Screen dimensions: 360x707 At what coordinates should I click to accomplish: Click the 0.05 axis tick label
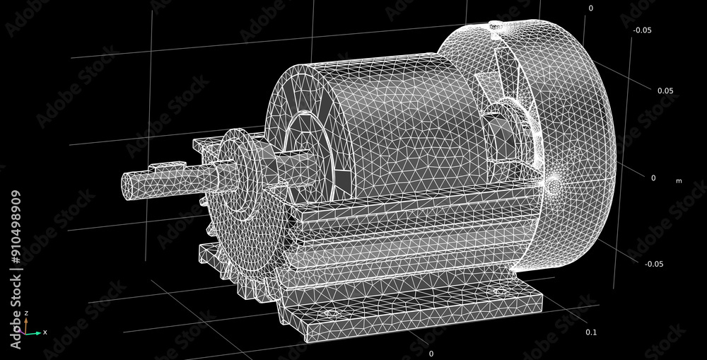(x=665, y=91)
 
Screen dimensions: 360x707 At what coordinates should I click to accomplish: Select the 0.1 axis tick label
(x=591, y=332)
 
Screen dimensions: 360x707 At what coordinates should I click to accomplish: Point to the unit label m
(x=679, y=181)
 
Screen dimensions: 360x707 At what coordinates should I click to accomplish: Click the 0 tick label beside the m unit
(x=653, y=178)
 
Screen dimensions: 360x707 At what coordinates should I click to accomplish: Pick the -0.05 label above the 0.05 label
(x=642, y=30)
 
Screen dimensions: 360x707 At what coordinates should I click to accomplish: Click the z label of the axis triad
(x=26, y=313)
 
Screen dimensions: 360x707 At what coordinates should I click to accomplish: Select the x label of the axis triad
(x=45, y=332)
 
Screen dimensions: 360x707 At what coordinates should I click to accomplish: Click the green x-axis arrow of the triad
(x=34, y=332)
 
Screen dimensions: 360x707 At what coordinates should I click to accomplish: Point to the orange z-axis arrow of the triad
(x=26, y=323)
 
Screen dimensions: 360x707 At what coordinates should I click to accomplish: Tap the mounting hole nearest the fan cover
(x=500, y=291)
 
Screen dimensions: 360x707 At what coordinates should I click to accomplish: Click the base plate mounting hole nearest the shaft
(x=328, y=312)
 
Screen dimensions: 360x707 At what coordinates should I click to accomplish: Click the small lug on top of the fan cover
(x=496, y=26)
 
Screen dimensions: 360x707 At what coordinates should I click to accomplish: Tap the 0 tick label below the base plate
(x=431, y=353)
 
